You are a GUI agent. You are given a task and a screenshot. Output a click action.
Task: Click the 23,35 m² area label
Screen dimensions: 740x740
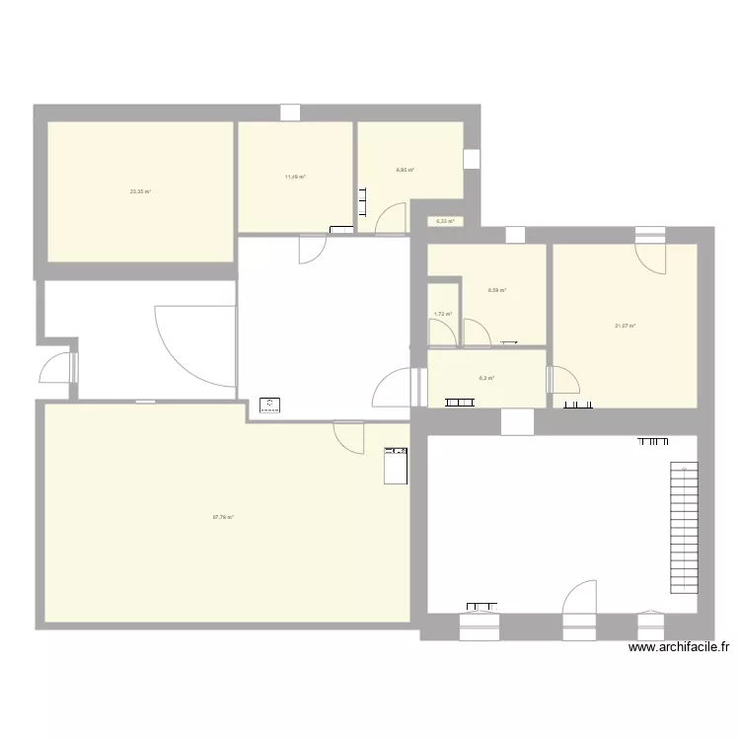click(140, 191)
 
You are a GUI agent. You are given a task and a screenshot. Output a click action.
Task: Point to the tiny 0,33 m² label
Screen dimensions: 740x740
click(445, 221)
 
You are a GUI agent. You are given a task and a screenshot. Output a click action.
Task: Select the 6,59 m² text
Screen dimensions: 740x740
click(497, 290)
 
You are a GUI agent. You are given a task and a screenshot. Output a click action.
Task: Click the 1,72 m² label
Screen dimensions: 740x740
click(443, 315)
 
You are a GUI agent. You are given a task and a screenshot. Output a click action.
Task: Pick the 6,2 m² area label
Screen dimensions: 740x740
click(486, 378)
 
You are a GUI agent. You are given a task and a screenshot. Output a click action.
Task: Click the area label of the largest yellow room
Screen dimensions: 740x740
click(223, 516)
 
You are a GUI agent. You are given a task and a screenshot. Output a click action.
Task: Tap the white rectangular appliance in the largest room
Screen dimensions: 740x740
click(395, 465)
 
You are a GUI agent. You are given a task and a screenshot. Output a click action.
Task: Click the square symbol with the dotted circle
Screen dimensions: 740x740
click(269, 404)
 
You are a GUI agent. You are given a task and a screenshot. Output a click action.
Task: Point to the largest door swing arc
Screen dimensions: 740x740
click(193, 341)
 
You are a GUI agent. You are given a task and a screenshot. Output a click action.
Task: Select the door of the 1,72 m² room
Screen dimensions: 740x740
click(443, 334)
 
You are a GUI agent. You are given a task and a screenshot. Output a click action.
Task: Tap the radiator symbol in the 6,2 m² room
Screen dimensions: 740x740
click(460, 402)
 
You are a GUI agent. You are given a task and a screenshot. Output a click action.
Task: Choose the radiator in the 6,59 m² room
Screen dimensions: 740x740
click(510, 342)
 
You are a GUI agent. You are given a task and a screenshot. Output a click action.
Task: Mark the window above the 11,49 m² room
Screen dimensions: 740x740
click(289, 112)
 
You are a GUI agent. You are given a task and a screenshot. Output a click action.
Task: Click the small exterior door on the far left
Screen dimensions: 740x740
click(57, 369)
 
